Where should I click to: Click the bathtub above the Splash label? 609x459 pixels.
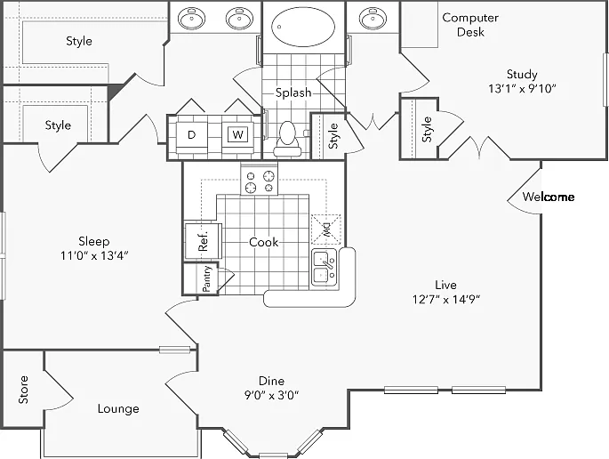click(303, 27)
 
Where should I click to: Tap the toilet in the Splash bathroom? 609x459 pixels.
click(288, 139)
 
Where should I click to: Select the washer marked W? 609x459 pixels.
click(237, 135)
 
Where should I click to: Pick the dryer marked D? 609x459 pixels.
click(191, 135)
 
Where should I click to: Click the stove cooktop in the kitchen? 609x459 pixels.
click(259, 179)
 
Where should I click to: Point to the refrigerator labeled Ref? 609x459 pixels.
click(203, 241)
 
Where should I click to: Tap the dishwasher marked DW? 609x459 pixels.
click(326, 229)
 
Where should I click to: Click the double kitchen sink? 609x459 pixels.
click(325, 268)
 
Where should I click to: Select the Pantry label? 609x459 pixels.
click(206, 278)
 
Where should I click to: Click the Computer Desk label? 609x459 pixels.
click(470, 25)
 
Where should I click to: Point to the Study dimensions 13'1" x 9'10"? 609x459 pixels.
click(522, 89)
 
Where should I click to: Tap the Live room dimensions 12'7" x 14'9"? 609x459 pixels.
click(446, 299)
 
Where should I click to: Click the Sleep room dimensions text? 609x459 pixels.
click(94, 255)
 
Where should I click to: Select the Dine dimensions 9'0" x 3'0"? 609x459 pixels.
click(271, 395)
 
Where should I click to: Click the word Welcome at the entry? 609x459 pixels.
click(548, 197)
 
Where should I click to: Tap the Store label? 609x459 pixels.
click(23, 390)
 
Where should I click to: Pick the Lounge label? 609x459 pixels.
click(118, 408)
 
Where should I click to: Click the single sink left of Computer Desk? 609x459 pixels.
click(373, 18)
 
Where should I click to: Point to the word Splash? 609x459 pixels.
click(293, 93)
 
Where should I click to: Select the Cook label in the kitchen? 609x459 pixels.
click(264, 242)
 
